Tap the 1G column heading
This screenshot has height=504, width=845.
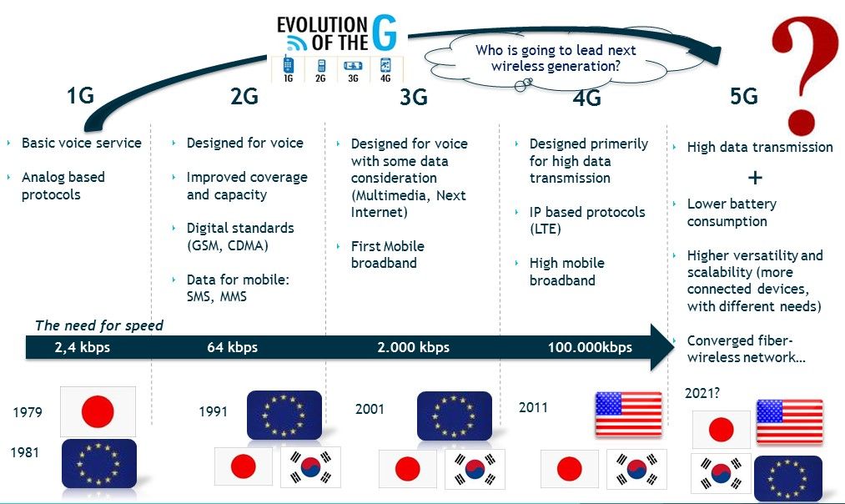(80, 96)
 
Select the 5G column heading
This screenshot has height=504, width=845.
(744, 97)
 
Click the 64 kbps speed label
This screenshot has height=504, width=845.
(232, 347)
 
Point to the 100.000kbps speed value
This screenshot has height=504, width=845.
(590, 347)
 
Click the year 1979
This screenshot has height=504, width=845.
(28, 412)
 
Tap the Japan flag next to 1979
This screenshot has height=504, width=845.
(98, 411)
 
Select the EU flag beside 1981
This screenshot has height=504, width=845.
(99, 464)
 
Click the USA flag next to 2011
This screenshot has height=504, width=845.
(628, 413)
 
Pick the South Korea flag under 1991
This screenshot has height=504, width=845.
(311, 466)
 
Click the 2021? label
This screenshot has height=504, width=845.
(702, 394)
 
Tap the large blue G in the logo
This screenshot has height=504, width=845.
(385, 33)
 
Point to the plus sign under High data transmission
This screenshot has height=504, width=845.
(755, 178)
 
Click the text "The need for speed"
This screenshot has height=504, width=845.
(99, 325)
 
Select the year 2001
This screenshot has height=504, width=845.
(370, 409)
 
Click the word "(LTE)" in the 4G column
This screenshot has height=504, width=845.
(546, 229)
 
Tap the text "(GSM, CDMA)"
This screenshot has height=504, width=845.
(228, 246)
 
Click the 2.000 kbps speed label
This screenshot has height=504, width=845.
(414, 347)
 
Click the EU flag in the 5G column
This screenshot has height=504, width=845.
(788, 477)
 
